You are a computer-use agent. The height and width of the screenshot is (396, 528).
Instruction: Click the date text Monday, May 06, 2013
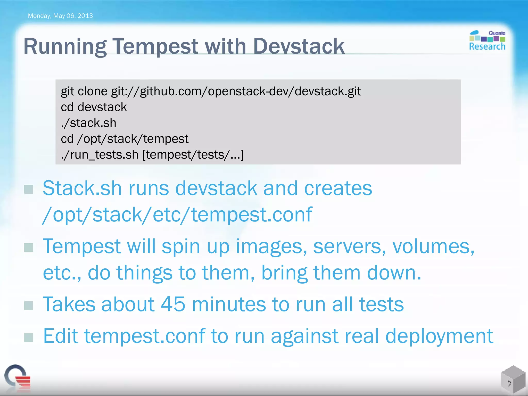[x=60, y=16]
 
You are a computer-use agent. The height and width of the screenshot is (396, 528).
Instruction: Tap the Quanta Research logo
[x=487, y=41]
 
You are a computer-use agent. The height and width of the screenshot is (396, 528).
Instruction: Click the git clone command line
[x=211, y=91]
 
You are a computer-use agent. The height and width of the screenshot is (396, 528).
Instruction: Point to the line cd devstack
[x=94, y=107]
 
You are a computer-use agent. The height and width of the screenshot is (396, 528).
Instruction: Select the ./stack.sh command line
[x=88, y=123]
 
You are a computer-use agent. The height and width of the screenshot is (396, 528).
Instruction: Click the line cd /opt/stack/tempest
[x=125, y=139]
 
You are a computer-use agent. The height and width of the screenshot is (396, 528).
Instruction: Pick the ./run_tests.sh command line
[x=152, y=155]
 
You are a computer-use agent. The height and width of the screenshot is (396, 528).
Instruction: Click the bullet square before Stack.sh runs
[x=29, y=189]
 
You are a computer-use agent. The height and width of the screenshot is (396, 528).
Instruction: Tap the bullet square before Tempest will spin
[x=29, y=247]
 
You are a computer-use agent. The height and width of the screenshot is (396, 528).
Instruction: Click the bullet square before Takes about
[x=29, y=306]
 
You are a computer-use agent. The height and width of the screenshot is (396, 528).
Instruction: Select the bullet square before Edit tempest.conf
[x=29, y=337]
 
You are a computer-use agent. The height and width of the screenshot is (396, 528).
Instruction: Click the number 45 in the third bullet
[x=173, y=304]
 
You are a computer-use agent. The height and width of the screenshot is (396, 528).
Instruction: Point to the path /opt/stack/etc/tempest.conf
[x=177, y=214]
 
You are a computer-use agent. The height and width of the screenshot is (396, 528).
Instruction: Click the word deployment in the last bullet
[x=439, y=336]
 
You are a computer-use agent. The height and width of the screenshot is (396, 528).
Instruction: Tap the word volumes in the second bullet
[x=433, y=246]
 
